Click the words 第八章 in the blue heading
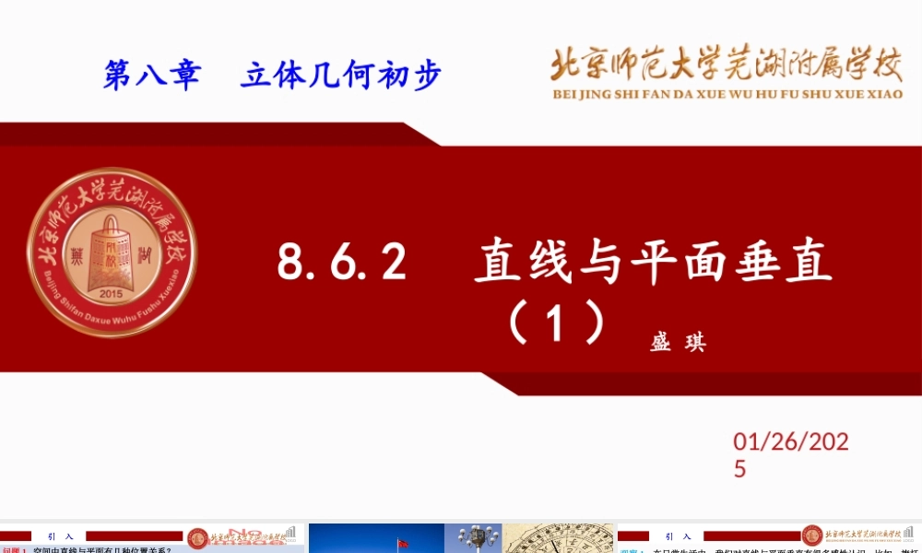151,75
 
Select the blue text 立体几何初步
340,75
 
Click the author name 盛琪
678,343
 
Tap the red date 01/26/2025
790,455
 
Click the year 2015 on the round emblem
110,294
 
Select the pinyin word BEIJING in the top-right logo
582,93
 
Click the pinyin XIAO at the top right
884,93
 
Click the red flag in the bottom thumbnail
402,542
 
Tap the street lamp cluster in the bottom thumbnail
477,536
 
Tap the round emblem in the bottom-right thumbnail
812,535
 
